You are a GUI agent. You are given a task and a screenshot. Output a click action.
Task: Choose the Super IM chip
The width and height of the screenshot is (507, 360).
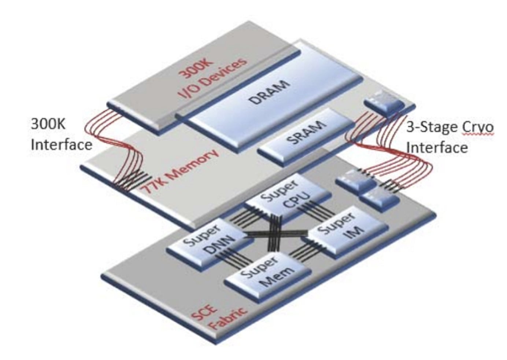[346, 231]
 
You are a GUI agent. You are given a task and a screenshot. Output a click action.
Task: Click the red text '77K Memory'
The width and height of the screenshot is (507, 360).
[180, 172]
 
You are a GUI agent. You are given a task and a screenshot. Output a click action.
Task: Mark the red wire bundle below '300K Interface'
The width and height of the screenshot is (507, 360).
[117, 147]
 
